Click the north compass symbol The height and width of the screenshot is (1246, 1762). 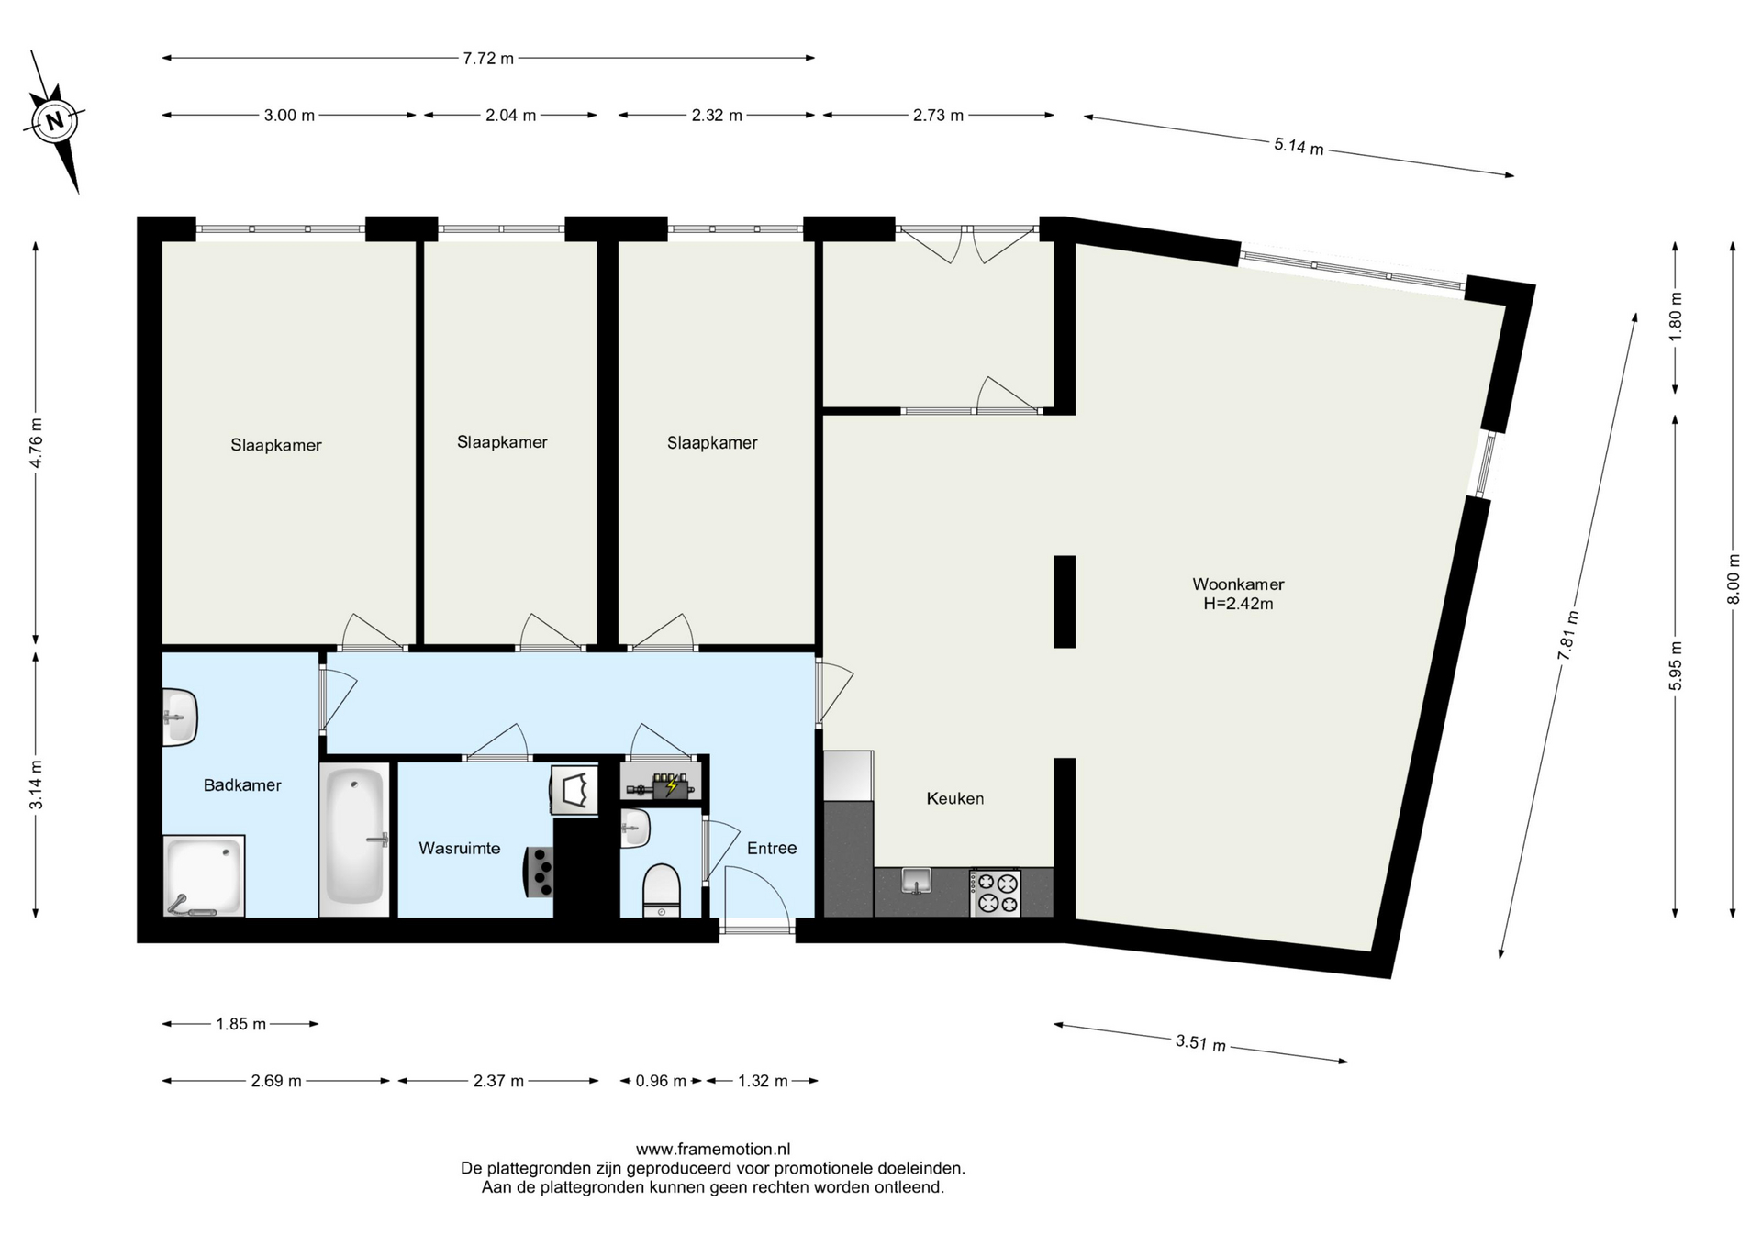[56, 120]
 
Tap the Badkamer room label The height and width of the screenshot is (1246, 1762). [242, 785]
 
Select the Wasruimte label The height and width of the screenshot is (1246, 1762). [460, 848]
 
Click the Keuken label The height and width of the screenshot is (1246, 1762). [955, 798]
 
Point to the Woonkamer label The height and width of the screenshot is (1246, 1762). [1238, 584]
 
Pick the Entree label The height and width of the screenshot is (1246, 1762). [772, 848]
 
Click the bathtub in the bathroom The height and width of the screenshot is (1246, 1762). [355, 838]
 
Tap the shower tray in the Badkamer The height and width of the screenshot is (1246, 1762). [204, 876]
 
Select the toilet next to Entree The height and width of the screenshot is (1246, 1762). [662, 891]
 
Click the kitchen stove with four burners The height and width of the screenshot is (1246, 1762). [996, 893]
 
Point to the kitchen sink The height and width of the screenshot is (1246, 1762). [917, 880]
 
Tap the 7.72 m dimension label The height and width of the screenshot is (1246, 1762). [488, 59]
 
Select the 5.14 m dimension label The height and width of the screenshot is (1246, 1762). [1299, 146]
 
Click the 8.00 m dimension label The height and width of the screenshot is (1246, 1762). [1733, 580]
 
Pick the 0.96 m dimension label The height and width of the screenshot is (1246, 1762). [661, 1081]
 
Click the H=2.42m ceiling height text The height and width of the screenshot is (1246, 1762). [1238, 604]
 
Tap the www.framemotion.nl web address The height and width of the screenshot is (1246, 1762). [713, 1149]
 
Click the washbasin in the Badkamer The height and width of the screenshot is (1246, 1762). [181, 717]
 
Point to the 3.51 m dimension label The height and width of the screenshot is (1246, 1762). [1200, 1043]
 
